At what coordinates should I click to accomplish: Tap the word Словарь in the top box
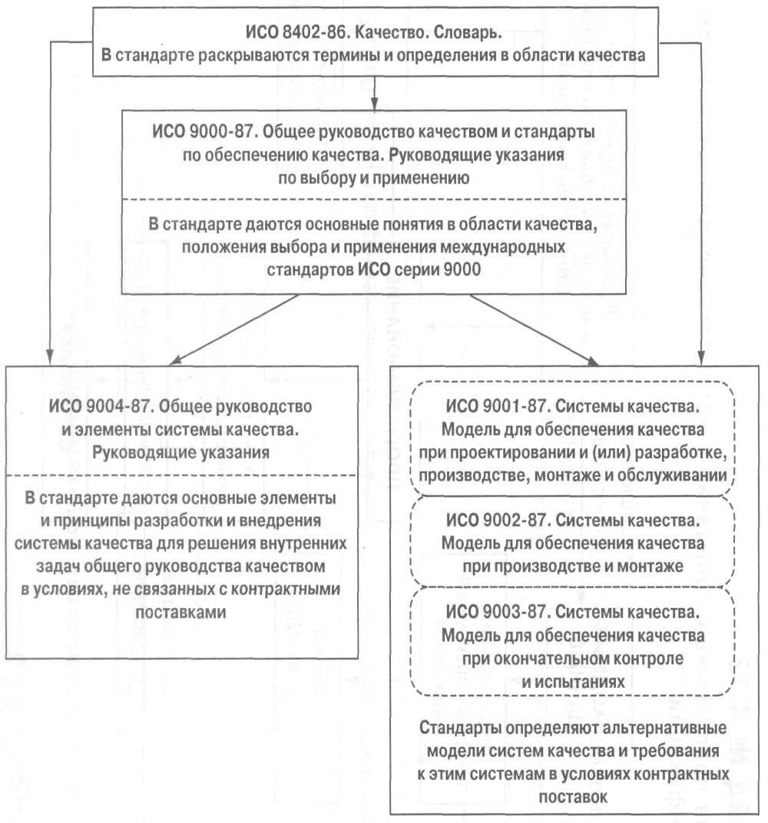(468, 35)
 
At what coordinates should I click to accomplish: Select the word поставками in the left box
(181, 613)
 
